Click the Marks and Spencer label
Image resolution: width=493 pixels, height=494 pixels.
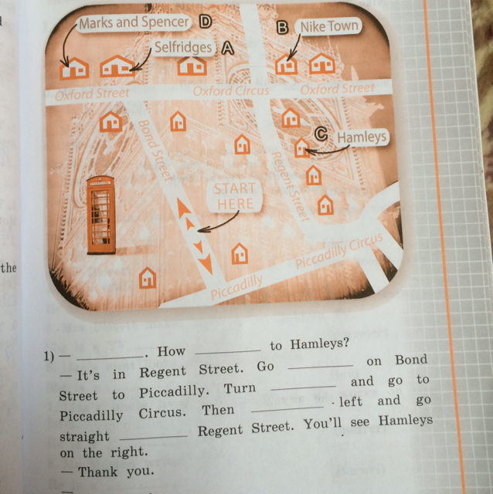[x=134, y=22]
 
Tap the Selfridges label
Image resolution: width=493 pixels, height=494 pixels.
[x=183, y=47]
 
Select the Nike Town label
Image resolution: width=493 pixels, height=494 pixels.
[x=329, y=26]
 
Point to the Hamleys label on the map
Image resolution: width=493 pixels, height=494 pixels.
[x=362, y=137]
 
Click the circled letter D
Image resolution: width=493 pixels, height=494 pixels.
[x=205, y=22]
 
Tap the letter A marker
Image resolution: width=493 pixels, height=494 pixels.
[x=228, y=49]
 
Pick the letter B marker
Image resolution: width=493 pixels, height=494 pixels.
[x=282, y=28]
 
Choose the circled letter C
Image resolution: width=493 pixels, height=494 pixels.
[x=321, y=134]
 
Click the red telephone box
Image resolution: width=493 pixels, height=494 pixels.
[x=101, y=215]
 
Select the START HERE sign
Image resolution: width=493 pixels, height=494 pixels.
[x=235, y=196]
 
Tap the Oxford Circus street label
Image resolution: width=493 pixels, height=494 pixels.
[x=230, y=91]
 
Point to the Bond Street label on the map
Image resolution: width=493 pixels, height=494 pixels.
[x=155, y=150]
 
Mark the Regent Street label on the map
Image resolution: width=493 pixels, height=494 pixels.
[x=290, y=187]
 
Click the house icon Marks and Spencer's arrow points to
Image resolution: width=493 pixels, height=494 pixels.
[x=74, y=68]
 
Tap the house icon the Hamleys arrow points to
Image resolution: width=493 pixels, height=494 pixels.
[x=301, y=148]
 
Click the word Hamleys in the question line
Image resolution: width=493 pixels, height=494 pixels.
[x=319, y=343]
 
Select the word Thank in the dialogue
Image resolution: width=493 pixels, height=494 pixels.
[x=98, y=472]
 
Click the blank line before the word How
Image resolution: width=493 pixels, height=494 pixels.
[x=110, y=357]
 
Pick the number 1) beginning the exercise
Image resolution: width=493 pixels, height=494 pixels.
[x=49, y=357]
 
